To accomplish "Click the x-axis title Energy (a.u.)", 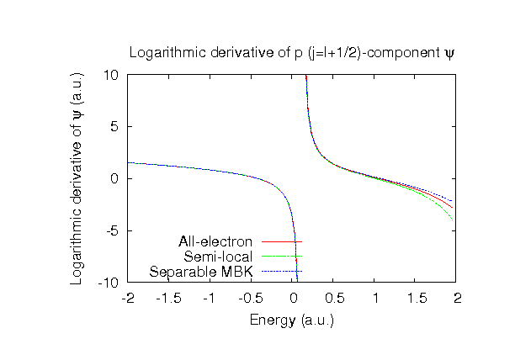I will (x=292, y=320).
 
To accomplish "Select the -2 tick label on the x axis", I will (x=128, y=298).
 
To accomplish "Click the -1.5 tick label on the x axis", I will (x=169, y=298).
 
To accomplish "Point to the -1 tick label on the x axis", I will (x=210, y=298).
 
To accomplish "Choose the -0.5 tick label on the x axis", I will (x=252, y=298).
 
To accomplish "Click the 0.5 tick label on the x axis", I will (x=334, y=298).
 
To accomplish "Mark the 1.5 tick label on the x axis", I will (x=417, y=298).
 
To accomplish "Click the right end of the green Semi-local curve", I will (x=454, y=220).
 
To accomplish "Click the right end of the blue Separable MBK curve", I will (x=454, y=200).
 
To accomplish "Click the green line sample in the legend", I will (x=282, y=256).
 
